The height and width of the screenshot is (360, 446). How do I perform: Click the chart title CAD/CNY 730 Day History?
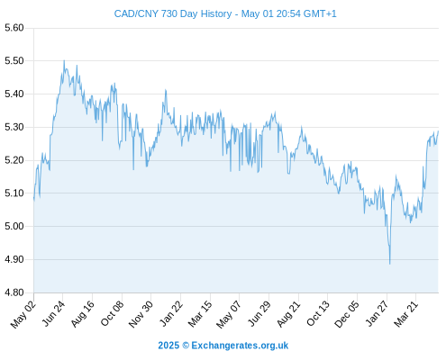pyautogui.click(x=173, y=13)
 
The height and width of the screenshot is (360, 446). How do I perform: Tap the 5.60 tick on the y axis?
pyautogui.click(x=14, y=28)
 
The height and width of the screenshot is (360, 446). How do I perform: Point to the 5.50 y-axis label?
pyautogui.click(x=14, y=61)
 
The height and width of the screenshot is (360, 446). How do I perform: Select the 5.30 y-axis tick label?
pyautogui.click(x=14, y=127)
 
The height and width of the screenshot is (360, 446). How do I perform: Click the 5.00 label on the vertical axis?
pyautogui.click(x=14, y=226)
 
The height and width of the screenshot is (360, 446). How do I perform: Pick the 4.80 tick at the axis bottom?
pyautogui.click(x=14, y=292)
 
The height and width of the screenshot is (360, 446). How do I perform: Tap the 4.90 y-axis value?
pyautogui.click(x=14, y=259)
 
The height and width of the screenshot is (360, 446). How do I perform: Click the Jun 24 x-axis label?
pyautogui.click(x=53, y=313)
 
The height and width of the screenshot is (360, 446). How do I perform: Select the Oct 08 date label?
pyautogui.click(x=112, y=313)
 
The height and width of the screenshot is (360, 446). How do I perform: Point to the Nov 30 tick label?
pyautogui.click(x=141, y=314)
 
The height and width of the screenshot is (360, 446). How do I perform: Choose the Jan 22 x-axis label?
pyautogui.click(x=170, y=313)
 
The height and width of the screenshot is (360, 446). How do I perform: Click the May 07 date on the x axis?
pyautogui.click(x=229, y=314)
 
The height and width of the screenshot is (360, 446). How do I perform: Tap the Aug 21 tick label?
pyautogui.click(x=288, y=313)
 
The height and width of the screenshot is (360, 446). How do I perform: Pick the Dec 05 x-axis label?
pyautogui.click(x=346, y=314)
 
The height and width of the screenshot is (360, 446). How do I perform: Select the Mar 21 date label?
pyautogui.click(x=405, y=313)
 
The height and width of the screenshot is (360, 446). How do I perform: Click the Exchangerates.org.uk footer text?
pyautogui.click(x=240, y=346)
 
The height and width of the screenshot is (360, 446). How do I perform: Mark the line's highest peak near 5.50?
pyautogui.click(x=64, y=60)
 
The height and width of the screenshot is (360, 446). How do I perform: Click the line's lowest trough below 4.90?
pyautogui.click(x=390, y=264)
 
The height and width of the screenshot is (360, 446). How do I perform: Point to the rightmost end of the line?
pyautogui.click(x=438, y=131)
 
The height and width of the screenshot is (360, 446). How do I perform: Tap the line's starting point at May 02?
pyautogui.click(x=34, y=198)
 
